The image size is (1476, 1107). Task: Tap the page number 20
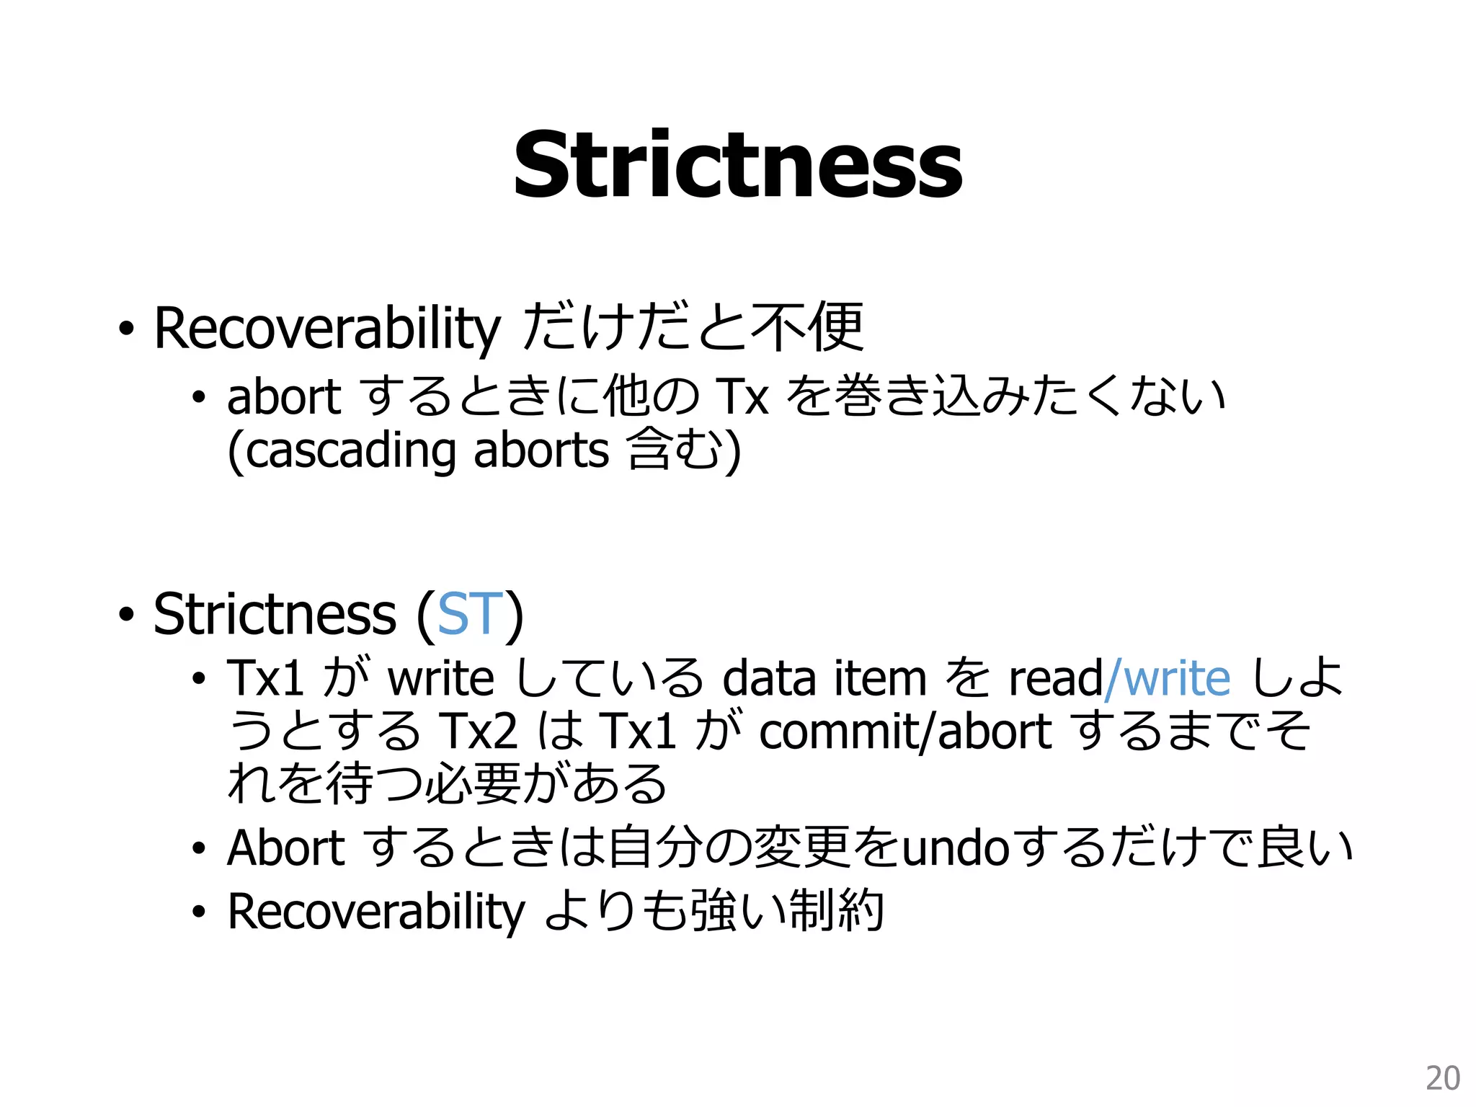pos(1443,1078)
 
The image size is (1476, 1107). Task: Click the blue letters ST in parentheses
pos(470,614)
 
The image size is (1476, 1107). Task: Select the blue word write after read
pos(1176,678)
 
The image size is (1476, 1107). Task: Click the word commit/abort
pos(905,731)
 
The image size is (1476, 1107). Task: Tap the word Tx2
pos(478,731)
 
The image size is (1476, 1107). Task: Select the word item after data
pos(880,678)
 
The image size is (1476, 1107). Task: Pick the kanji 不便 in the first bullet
pos(806,328)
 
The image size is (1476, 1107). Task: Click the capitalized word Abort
pos(286,848)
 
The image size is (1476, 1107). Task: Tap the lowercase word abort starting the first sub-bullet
pos(283,397)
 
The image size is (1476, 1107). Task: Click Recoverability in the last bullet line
pos(376,912)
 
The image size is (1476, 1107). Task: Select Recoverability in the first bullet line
pos(326,329)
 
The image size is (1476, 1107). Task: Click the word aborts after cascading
pos(541,451)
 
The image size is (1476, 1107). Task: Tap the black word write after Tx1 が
pos(441,678)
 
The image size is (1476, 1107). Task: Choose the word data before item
pos(769,678)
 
